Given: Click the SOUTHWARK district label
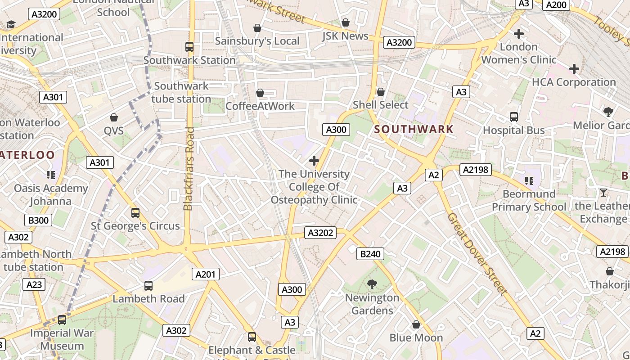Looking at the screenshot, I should (x=414, y=130).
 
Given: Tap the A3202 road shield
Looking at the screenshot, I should (x=320, y=233).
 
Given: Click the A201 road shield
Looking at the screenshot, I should (x=206, y=274).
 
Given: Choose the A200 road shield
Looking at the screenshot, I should (x=556, y=5).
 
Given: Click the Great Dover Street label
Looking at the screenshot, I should (x=477, y=254).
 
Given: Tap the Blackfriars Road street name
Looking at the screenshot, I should (x=189, y=169).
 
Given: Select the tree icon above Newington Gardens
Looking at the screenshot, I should (x=372, y=284).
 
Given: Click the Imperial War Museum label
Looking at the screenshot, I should (x=62, y=340).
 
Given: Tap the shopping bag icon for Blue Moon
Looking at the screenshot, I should (x=416, y=324).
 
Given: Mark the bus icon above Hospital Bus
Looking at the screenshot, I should (x=514, y=117).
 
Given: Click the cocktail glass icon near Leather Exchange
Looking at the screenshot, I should (x=603, y=193).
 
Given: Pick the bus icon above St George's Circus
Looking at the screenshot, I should (x=135, y=213).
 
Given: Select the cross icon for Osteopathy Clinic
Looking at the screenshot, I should (x=314, y=161).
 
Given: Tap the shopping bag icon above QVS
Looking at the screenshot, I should (x=114, y=117).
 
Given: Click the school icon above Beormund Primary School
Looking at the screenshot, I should (x=529, y=181).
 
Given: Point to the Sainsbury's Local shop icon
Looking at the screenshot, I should (x=257, y=28).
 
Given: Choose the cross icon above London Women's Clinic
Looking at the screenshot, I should (x=519, y=34).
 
